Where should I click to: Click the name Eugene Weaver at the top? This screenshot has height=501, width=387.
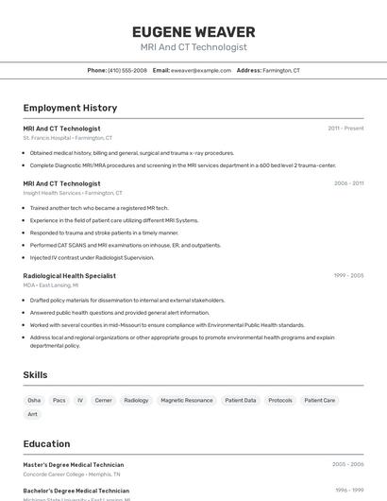[193, 31]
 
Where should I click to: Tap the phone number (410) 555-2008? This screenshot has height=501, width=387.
[126, 70]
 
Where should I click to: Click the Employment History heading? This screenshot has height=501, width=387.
[70, 108]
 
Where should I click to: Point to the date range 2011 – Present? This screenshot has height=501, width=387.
[345, 129]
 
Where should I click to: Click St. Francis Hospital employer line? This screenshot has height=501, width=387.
[67, 138]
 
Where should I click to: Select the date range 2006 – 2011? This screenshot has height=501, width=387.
[348, 183]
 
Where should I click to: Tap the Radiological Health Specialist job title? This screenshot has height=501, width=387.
[69, 276]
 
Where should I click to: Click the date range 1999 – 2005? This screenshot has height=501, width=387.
[348, 276]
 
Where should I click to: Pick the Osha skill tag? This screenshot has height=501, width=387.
[34, 400]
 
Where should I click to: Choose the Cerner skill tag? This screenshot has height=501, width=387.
[103, 400]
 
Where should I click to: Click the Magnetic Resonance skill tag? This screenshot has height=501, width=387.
[186, 400]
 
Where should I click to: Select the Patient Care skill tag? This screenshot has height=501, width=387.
[319, 400]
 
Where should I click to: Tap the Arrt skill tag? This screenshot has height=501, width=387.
[33, 414]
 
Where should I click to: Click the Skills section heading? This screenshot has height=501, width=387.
[35, 375]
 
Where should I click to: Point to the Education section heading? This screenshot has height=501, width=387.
[46, 443]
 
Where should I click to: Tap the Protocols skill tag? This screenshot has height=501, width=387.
[279, 400]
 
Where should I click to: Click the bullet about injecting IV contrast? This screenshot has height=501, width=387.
[92, 257]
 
